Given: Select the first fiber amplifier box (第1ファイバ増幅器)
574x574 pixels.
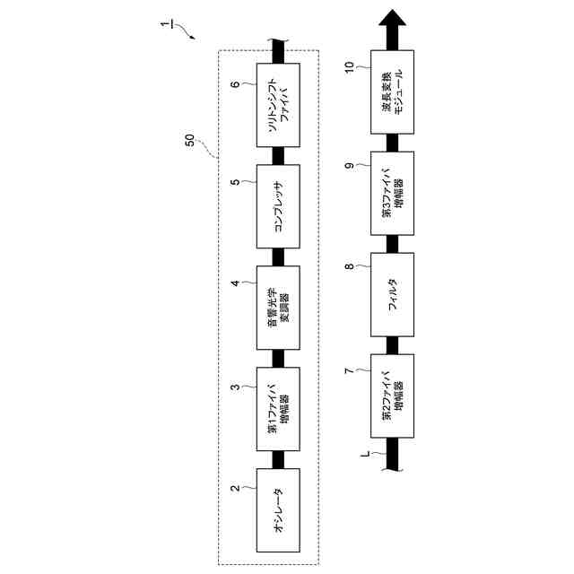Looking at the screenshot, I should [278, 408].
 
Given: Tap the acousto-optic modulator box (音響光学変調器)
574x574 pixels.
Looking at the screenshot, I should [278, 308].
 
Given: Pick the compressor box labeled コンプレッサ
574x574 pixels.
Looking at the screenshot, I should [278, 207].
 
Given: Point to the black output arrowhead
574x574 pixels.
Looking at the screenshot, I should [392, 22].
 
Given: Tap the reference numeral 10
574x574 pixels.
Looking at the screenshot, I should [350, 65].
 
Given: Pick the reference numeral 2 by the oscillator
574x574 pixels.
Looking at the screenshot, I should [235, 489].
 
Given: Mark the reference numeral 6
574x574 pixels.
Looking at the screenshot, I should [235, 85].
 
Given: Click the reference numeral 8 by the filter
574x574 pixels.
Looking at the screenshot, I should [350, 266].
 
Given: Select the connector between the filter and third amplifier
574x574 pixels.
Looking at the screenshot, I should [392, 243].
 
